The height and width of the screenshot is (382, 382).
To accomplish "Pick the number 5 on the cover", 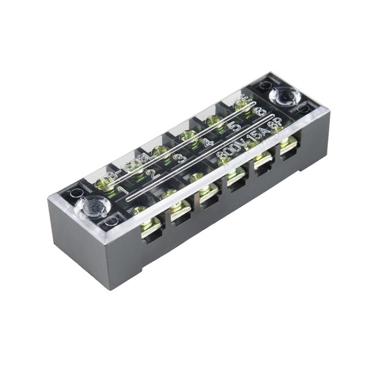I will tap(235, 127).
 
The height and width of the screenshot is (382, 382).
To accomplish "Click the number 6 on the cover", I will tap(260, 112).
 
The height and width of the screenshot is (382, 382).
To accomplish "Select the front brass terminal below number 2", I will tap(178, 210).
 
